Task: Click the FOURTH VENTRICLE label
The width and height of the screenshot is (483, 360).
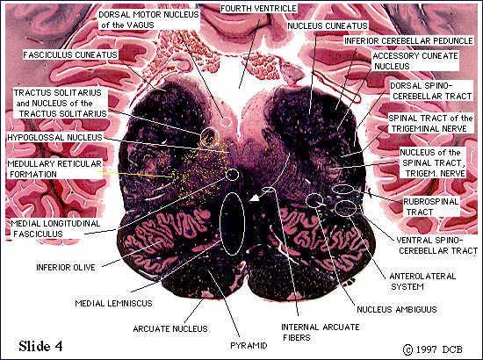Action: pyautogui.click(x=259, y=9)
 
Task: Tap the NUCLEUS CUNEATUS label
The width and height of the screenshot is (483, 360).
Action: pyautogui.click(x=328, y=25)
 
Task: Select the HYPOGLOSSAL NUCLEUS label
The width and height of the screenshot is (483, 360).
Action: pyautogui.click(x=54, y=137)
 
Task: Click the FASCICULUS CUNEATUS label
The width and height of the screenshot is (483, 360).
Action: pyautogui.click(x=70, y=54)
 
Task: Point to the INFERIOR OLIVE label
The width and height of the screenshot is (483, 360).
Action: pyautogui.click(x=66, y=267)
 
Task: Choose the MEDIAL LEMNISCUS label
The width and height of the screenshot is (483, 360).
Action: pyautogui.click(x=113, y=303)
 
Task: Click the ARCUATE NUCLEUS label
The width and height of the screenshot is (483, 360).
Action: pyautogui.click(x=170, y=329)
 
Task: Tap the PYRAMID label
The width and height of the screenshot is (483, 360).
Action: pyautogui.click(x=249, y=346)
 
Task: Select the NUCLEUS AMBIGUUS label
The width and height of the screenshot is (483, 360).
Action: pyautogui.click(x=397, y=309)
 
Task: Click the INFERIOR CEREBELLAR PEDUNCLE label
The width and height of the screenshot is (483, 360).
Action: pyautogui.click(x=408, y=41)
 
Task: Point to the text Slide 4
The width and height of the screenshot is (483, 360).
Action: pyautogui.click(x=40, y=346)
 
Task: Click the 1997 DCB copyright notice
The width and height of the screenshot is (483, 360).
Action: pyautogui.click(x=433, y=349)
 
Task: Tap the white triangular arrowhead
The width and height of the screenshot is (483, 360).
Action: pyautogui.click(x=255, y=198)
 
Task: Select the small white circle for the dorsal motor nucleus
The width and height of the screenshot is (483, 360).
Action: pyautogui.click(x=226, y=122)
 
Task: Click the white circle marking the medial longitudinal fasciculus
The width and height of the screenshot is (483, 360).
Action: pyautogui.click(x=232, y=175)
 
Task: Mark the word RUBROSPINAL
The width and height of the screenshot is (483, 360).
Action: pyautogui.click(x=431, y=202)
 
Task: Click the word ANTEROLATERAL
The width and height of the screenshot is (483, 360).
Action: pyautogui.click(x=422, y=277)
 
